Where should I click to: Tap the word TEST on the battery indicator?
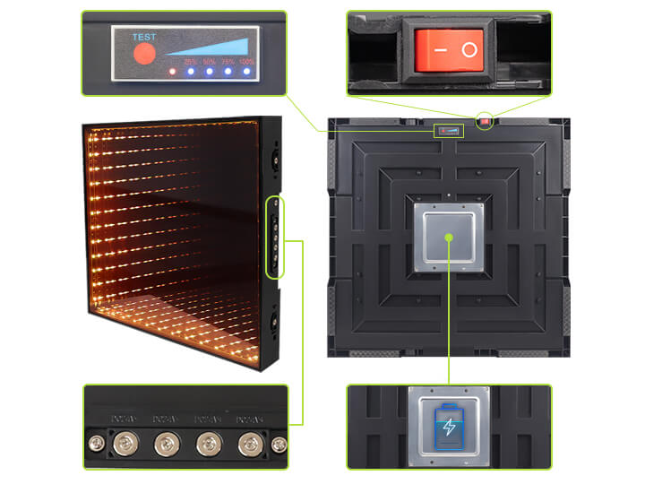[x=144, y=37]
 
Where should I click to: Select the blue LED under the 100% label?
[x=247, y=71]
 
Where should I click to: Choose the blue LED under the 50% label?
[x=210, y=71]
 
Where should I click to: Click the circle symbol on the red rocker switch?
[x=469, y=50]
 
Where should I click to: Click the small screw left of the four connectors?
[x=93, y=443]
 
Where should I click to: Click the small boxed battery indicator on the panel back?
[x=450, y=132]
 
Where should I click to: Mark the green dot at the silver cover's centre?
[x=448, y=236]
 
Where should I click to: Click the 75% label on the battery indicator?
[x=228, y=61]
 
